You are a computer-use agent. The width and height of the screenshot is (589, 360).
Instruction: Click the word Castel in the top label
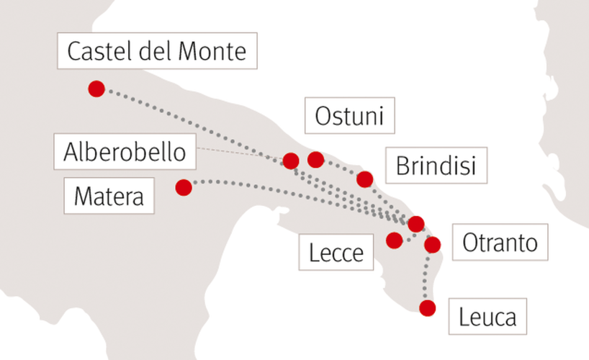(100, 51)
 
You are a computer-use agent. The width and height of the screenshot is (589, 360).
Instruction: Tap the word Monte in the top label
(212, 51)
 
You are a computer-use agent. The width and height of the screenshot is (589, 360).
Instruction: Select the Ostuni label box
(350, 115)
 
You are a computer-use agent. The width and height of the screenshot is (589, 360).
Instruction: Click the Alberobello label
(125, 151)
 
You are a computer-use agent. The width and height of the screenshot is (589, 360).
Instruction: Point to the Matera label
(109, 196)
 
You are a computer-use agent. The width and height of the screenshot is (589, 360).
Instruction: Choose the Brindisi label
(436, 166)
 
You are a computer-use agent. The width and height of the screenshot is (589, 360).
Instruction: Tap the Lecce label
(336, 252)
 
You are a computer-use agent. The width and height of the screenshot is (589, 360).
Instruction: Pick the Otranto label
(500, 243)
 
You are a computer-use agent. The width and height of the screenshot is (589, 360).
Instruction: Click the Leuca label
(487, 316)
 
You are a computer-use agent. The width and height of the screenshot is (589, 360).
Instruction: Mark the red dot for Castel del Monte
(96, 89)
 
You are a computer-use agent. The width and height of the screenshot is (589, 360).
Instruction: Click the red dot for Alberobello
(291, 161)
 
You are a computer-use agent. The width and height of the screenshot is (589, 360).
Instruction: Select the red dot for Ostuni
(315, 160)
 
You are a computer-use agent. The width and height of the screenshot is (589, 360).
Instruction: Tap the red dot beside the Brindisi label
(365, 179)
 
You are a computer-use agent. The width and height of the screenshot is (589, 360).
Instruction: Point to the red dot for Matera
(184, 187)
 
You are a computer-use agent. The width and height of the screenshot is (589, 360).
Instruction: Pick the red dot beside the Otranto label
(432, 245)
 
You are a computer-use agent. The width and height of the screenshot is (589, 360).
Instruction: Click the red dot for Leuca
(428, 308)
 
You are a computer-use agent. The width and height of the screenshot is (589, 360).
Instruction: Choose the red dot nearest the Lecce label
(395, 240)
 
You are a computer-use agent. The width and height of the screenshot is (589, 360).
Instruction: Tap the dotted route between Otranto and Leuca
(426, 276)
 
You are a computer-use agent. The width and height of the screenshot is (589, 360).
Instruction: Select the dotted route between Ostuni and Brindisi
(340, 168)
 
